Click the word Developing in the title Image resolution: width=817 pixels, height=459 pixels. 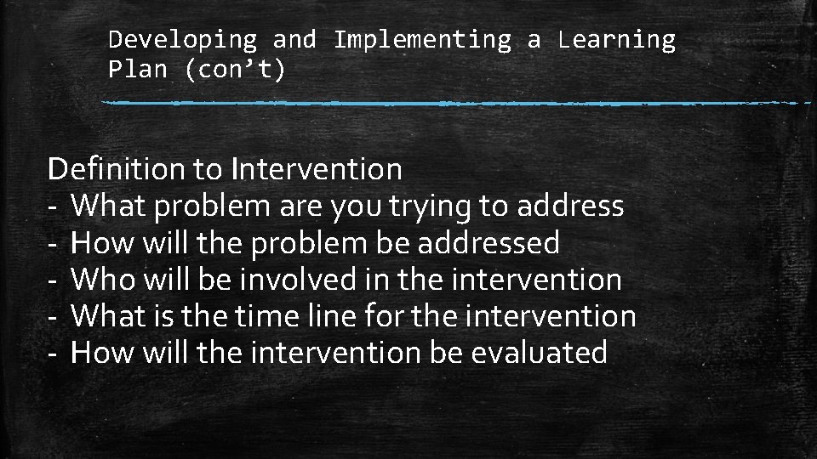click(183, 40)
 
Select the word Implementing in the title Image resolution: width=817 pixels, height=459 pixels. click(423, 40)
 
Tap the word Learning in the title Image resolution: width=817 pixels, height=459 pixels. click(617, 40)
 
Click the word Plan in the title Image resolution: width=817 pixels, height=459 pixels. click(138, 70)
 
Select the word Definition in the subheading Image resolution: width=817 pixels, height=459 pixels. click(117, 169)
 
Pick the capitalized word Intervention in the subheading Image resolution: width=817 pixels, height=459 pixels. click(316, 169)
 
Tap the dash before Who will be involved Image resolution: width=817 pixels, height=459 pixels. click(53, 280)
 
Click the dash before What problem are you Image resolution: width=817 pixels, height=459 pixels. click(53, 207)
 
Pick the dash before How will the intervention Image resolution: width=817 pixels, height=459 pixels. click(53, 353)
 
